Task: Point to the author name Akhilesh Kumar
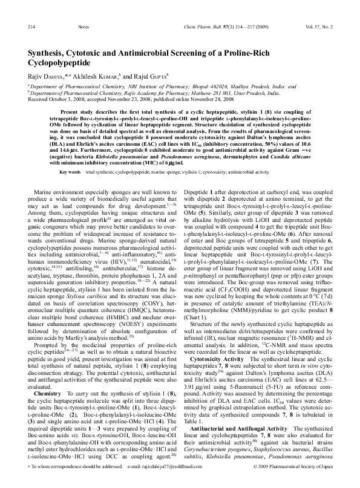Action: click(90, 76)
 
